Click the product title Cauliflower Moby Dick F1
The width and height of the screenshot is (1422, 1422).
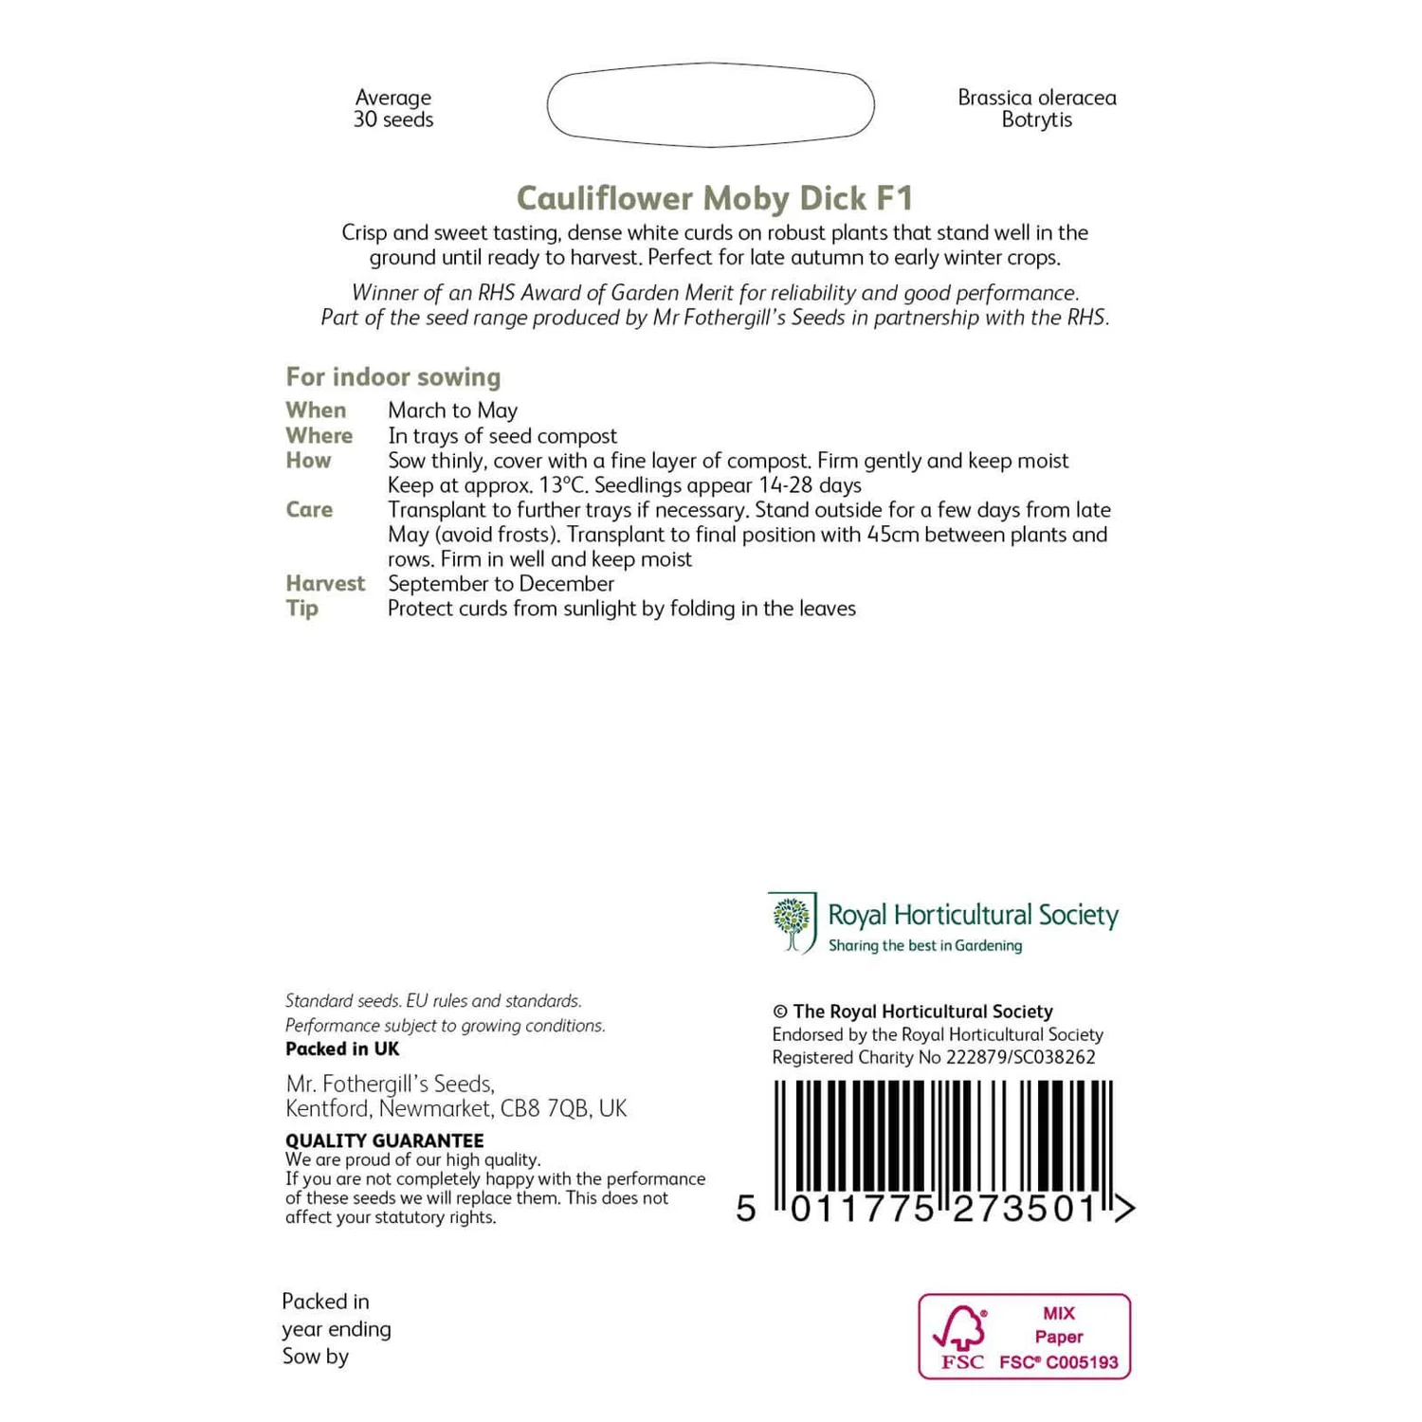715,198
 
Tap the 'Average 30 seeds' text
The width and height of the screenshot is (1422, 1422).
393,108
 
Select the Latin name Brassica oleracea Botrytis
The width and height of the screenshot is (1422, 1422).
1036,108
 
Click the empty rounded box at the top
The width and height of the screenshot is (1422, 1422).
710,105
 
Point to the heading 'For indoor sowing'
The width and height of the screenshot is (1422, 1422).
393,377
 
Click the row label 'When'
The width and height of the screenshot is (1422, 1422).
316,410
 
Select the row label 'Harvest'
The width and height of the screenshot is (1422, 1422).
325,584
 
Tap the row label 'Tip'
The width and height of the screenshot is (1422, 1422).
301,609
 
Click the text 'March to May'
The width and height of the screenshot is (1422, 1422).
452,410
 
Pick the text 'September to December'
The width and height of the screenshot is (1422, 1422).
501,584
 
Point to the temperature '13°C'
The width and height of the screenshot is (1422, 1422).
562,485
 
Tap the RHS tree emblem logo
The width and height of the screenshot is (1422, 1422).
793,922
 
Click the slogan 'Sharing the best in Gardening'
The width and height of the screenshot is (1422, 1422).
925,946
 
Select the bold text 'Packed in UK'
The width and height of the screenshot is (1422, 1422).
342,1049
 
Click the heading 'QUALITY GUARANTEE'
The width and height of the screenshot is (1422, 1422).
385,1140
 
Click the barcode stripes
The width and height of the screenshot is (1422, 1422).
943,1138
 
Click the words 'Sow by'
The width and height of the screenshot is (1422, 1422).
316,1357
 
